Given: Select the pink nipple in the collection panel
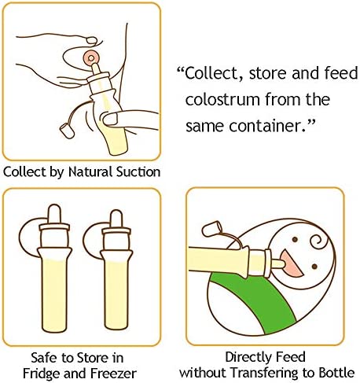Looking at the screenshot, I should pyautogui.click(x=93, y=60).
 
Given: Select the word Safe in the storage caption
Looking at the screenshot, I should pyautogui.click(x=38, y=355).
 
